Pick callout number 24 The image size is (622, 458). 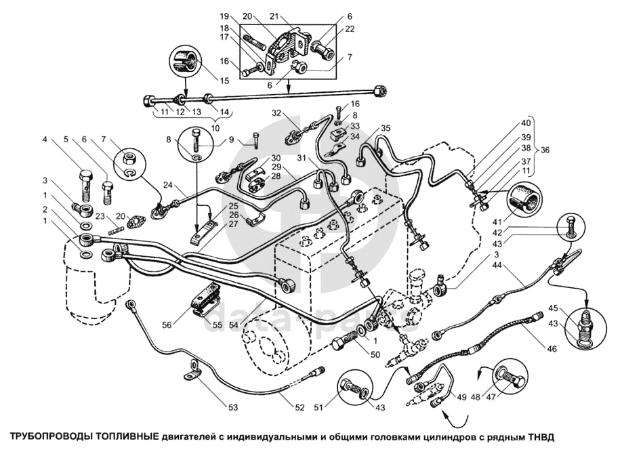(167, 184)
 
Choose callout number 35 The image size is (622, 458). (386, 128)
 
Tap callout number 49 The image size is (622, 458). (462, 397)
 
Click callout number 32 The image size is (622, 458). (276, 113)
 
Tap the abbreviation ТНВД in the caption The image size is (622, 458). (539, 436)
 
